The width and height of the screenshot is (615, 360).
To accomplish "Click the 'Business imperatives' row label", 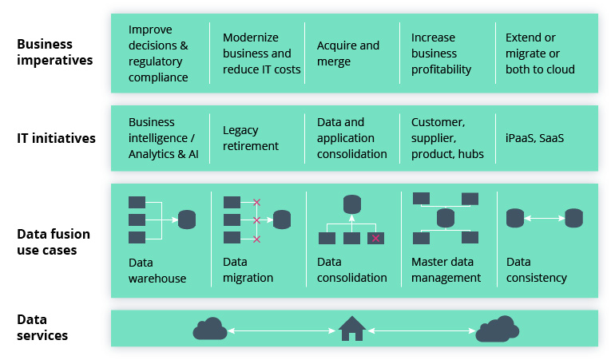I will click(55, 52).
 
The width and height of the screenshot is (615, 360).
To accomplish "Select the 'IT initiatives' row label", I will click(56, 138).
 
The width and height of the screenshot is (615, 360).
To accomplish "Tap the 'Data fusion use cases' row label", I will click(54, 242).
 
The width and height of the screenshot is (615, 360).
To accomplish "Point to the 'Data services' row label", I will click(42, 327).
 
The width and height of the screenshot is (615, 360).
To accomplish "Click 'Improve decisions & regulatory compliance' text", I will click(158, 53).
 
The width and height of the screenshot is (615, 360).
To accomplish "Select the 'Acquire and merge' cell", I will click(348, 53).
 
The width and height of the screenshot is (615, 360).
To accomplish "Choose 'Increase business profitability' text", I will click(441, 53).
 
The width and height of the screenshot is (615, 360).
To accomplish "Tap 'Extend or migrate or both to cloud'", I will click(540, 53).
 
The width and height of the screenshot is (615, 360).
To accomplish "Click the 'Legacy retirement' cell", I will click(251, 138).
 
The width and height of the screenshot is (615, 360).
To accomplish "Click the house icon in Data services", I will click(351, 328).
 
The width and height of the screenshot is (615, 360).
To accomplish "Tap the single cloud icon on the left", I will click(209, 328).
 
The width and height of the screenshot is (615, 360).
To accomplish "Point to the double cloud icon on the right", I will click(498, 328).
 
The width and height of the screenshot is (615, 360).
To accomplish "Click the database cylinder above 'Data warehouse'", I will click(187, 220).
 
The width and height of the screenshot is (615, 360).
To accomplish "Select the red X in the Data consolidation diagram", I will click(375, 238).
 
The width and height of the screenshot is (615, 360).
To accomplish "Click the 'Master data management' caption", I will click(446, 270).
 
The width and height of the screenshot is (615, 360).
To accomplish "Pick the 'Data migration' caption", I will click(248, 270).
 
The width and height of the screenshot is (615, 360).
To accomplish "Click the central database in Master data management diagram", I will click(445, 218).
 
